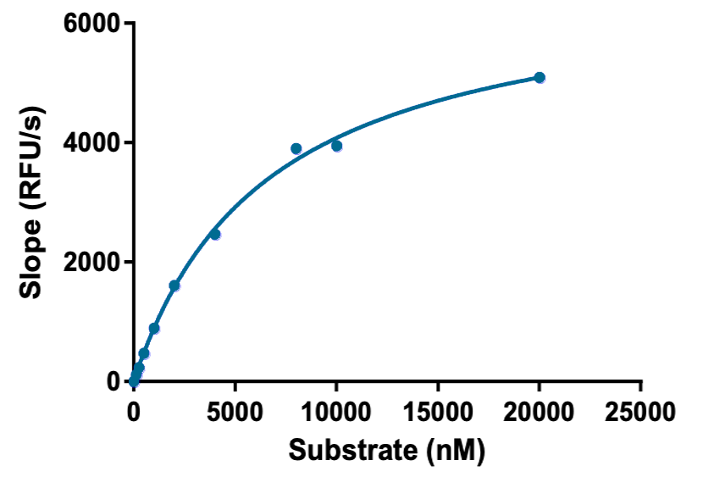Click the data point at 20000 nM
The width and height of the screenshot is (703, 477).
click(540, 77)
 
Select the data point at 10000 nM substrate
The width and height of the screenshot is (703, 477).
click(336, 146)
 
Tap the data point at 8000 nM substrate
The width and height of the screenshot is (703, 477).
click(296, 148)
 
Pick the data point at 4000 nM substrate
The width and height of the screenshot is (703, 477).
click(215, 234)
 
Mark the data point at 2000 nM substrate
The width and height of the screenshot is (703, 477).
click(174, 286)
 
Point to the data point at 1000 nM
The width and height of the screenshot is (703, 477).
click(154, 328)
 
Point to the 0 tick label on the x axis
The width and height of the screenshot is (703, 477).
click(134, 412)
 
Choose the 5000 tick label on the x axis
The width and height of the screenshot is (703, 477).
click(235, 412)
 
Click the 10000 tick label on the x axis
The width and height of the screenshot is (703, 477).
click(336, 412)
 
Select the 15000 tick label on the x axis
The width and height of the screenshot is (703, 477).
click(438, 412)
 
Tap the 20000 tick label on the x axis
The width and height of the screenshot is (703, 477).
click(540, 412)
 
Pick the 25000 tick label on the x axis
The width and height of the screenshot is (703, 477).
click(640, 412)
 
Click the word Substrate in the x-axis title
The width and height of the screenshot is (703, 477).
click(351, 450)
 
